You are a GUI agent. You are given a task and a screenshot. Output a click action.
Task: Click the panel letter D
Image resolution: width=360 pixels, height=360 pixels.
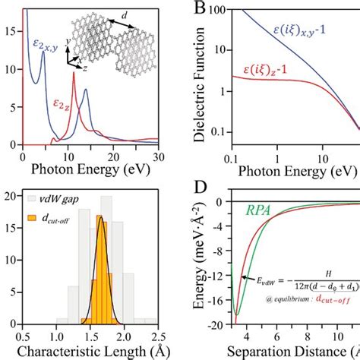(x=201, y=186)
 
